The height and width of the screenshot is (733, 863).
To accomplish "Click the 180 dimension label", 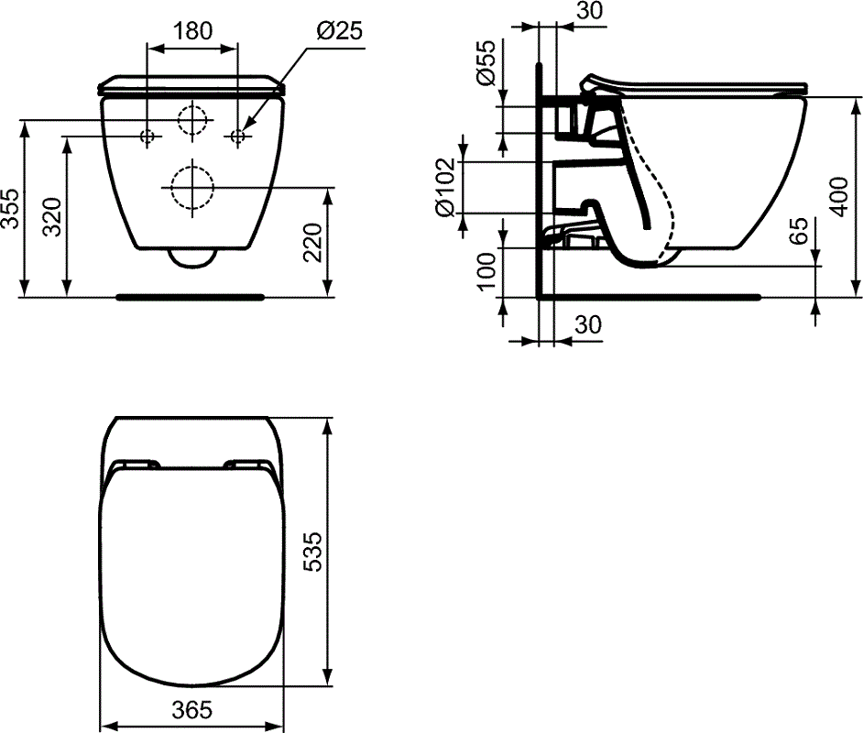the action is point(193,31).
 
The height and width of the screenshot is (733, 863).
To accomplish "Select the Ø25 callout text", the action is point(339,31).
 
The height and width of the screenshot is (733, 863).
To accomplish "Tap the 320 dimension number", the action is point(53,215).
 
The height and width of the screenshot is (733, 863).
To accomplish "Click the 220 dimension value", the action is point(312,242).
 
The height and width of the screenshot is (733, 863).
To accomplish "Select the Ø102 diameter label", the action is point(444,187).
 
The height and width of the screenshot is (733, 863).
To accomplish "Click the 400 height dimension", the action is point(839,196).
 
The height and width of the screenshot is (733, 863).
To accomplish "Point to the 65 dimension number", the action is point(798,230).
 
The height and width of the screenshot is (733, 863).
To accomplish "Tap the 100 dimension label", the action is point(486,271).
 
